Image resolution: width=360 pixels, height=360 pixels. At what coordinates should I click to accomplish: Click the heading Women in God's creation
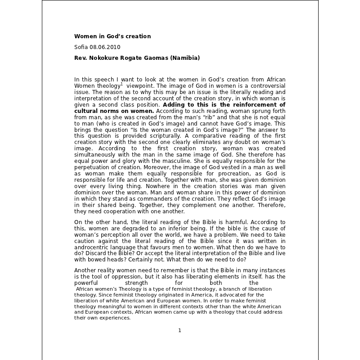click(x=112, y=36)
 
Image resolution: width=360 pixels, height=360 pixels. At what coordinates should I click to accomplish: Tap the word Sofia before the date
click(x=81, y=47)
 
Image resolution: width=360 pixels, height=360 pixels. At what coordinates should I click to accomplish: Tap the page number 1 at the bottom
click(x=180, y=330)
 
